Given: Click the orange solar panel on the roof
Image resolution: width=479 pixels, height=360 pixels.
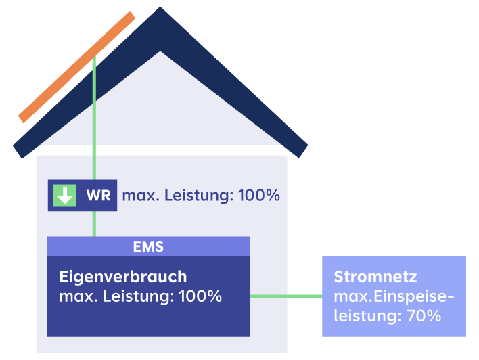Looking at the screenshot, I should click(76, 67).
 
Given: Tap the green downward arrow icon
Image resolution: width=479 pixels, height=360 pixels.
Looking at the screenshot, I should click(65, 196).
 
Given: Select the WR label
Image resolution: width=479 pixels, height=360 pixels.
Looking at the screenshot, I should click(98, 196).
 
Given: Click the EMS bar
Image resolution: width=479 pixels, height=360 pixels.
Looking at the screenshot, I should click(148, 246).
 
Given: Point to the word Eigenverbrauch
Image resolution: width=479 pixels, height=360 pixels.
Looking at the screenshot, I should click(123, 277).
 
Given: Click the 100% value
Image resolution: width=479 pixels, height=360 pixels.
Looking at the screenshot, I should click(200, 296).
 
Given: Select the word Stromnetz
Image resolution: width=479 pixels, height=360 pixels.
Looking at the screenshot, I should click(375, 277).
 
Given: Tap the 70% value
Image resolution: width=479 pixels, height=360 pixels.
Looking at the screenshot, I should click(422, 315).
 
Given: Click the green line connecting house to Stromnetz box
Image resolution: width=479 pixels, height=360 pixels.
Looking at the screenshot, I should click(286, 296).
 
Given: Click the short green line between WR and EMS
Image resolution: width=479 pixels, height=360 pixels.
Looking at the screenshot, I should click(94, 223).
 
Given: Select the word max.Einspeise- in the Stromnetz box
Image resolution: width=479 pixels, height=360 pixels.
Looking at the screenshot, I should click(394, 296).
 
